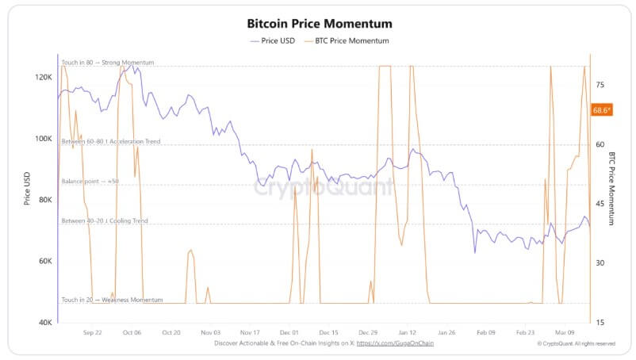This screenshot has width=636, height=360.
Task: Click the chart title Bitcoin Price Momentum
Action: [320, 25]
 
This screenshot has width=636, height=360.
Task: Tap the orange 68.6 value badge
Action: [601, 110]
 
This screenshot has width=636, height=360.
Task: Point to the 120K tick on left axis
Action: [43, 78]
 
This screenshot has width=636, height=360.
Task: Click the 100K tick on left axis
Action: [43, 139]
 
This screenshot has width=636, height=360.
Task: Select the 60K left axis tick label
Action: [44, 261]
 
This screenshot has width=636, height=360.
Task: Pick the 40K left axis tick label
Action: [44, 322]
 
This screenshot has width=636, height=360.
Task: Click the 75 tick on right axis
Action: [600, 85]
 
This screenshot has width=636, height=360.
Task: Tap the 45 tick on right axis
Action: [600, 204]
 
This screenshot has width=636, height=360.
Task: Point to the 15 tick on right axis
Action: [600, 322]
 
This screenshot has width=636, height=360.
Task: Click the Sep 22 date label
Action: [92, 333]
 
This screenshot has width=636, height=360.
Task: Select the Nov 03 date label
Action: [210, 333]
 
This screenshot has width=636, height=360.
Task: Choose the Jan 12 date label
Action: [407, 333]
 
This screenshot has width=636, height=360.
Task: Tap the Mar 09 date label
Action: [565, 333]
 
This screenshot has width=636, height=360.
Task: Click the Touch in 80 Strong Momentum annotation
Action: [107, 62]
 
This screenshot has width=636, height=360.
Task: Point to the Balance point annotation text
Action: [90, 182]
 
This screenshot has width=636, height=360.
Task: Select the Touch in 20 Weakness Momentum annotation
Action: [112, 300]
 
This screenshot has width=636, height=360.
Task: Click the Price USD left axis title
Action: [27, 190]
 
